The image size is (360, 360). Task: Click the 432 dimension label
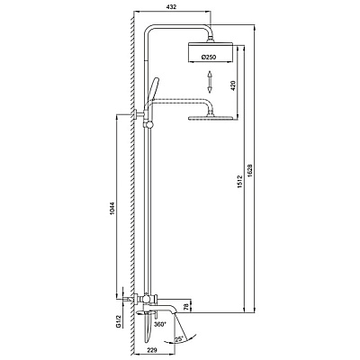(171, 7)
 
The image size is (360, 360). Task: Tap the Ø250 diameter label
(209, 57)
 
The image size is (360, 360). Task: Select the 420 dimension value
(234, 85)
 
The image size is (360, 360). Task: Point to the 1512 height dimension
(240, 182)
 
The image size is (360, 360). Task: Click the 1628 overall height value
(251, 170)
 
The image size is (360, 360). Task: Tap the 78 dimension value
(187, 307)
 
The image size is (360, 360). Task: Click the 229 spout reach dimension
(153, 350)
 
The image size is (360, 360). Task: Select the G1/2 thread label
(119, 322)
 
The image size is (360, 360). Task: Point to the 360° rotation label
(159, 324)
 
